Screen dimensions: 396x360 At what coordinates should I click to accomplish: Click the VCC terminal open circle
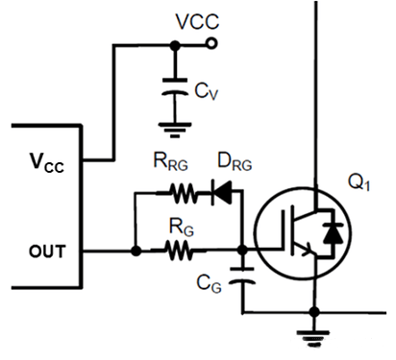(x=211, y=43)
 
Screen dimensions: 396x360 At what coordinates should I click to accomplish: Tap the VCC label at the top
(x=197, y=21)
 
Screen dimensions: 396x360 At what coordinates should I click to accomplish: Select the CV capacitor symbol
(x=175, y=86)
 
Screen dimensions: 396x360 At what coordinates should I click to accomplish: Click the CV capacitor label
(x=207, y=91)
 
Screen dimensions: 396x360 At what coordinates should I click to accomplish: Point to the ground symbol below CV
(x=175, y=130)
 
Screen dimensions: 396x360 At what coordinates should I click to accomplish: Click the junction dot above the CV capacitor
(x=175, y=46)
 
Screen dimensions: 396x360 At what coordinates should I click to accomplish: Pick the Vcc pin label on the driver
(x=47, y=162)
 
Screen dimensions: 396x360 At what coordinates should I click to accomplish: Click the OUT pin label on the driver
(x=47, y=252)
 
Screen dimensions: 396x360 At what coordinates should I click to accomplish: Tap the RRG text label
(x=171, y=161)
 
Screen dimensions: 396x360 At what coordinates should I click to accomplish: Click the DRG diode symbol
(x=222, y=192)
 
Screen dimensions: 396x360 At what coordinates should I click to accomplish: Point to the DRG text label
(x=235, y=161)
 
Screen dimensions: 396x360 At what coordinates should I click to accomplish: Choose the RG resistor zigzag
(x=179, y=251)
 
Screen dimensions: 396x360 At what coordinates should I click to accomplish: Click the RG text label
(x=182, y=227)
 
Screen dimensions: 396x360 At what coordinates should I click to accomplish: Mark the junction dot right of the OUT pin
(x=136, y=251)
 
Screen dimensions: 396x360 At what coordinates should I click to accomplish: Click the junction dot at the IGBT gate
(x=242, y=250)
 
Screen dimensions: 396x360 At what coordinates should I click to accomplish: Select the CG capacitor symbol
(x=242, y=276)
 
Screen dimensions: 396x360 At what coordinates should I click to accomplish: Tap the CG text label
(x=209, y=284)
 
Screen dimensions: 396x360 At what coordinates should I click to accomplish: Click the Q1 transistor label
(x=359, y=182)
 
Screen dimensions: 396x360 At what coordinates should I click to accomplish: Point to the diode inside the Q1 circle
(x=333, y=233)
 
